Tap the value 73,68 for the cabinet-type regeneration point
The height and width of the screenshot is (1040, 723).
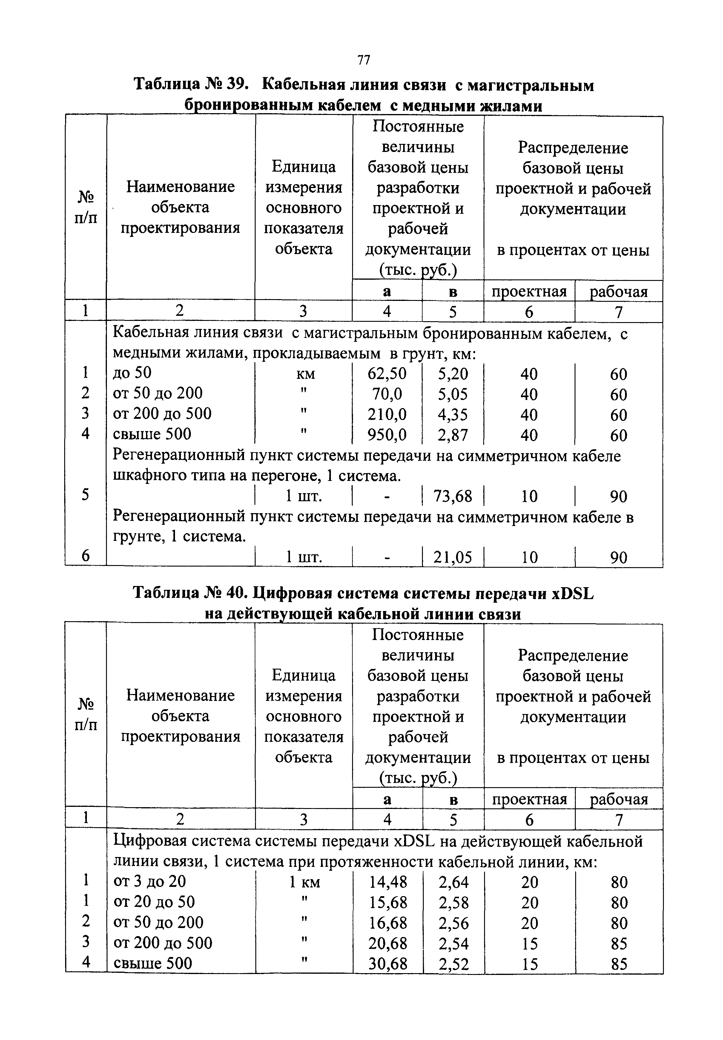[x=452, y=496]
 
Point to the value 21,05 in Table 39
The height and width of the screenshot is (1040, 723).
[x=452, y=557]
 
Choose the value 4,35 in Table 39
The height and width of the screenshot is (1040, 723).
[x=452, y=414]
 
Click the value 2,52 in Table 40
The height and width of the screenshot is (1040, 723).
[x=453, y=964]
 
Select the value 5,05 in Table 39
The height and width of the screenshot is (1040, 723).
[x=452, y=394]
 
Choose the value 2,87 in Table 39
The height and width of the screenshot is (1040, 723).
[x=452, y=435]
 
